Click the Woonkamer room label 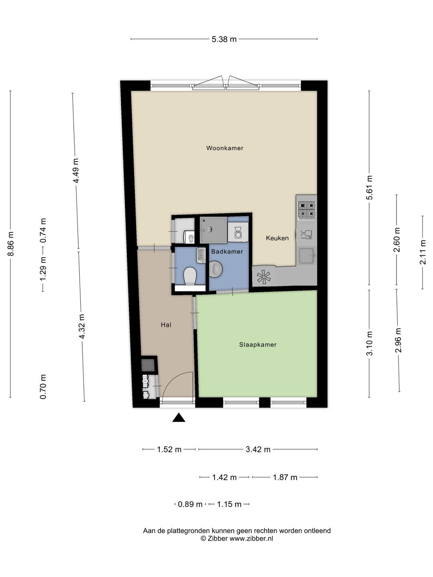point(225,148)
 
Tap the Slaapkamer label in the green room point(258,345)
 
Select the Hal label point(166,325)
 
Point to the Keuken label point(277,238)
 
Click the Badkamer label point(227,252)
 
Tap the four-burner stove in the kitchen point(307,210)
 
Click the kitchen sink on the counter point(307,256)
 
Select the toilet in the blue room point(190,276)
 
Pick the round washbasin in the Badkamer point(216,269)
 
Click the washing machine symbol point(238,232)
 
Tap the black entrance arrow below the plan point(179,418)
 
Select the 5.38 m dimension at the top point(224,39)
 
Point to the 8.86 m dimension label point(10,244)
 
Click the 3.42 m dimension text point(258,449)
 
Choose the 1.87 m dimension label point(285,477)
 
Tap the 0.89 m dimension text point(190,504)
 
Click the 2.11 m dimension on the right point(423,252)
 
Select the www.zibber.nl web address point(251,539)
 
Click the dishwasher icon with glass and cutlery point(307,234)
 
